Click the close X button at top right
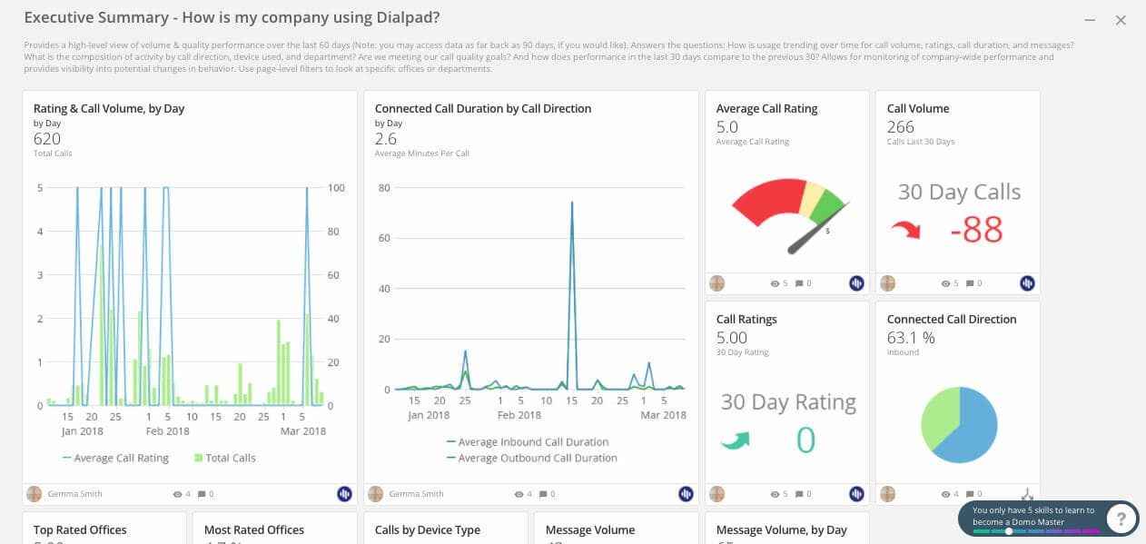click(x=1121, y=20)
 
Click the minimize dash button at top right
click(x=1091, y=20)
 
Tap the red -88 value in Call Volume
click(x=976, y=231)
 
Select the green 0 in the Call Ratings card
click(x=805, y=440)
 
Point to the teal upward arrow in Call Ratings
click(x=736, y=441)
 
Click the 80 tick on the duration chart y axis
click(x=384, y=188)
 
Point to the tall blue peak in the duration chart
click(x=572, y=204)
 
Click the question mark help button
click(x=1122, y=519)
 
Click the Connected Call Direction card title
click(x=951, y=320)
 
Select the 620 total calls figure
click(x=47, y=139)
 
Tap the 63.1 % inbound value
click(x=911, y=338)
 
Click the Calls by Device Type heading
click(x=428, y=530)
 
